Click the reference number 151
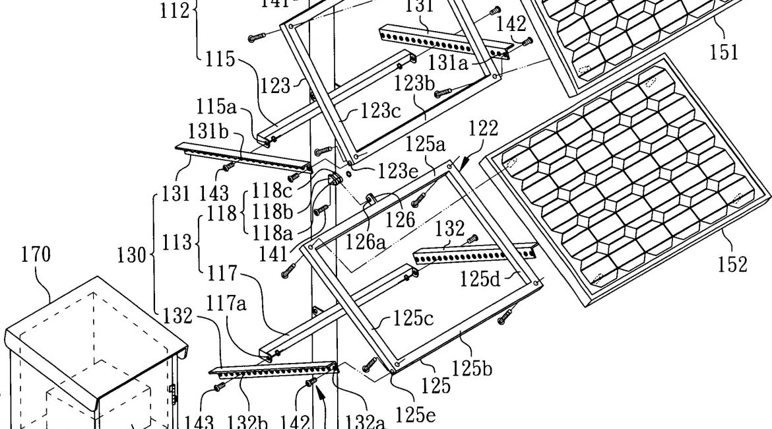(724, 51)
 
